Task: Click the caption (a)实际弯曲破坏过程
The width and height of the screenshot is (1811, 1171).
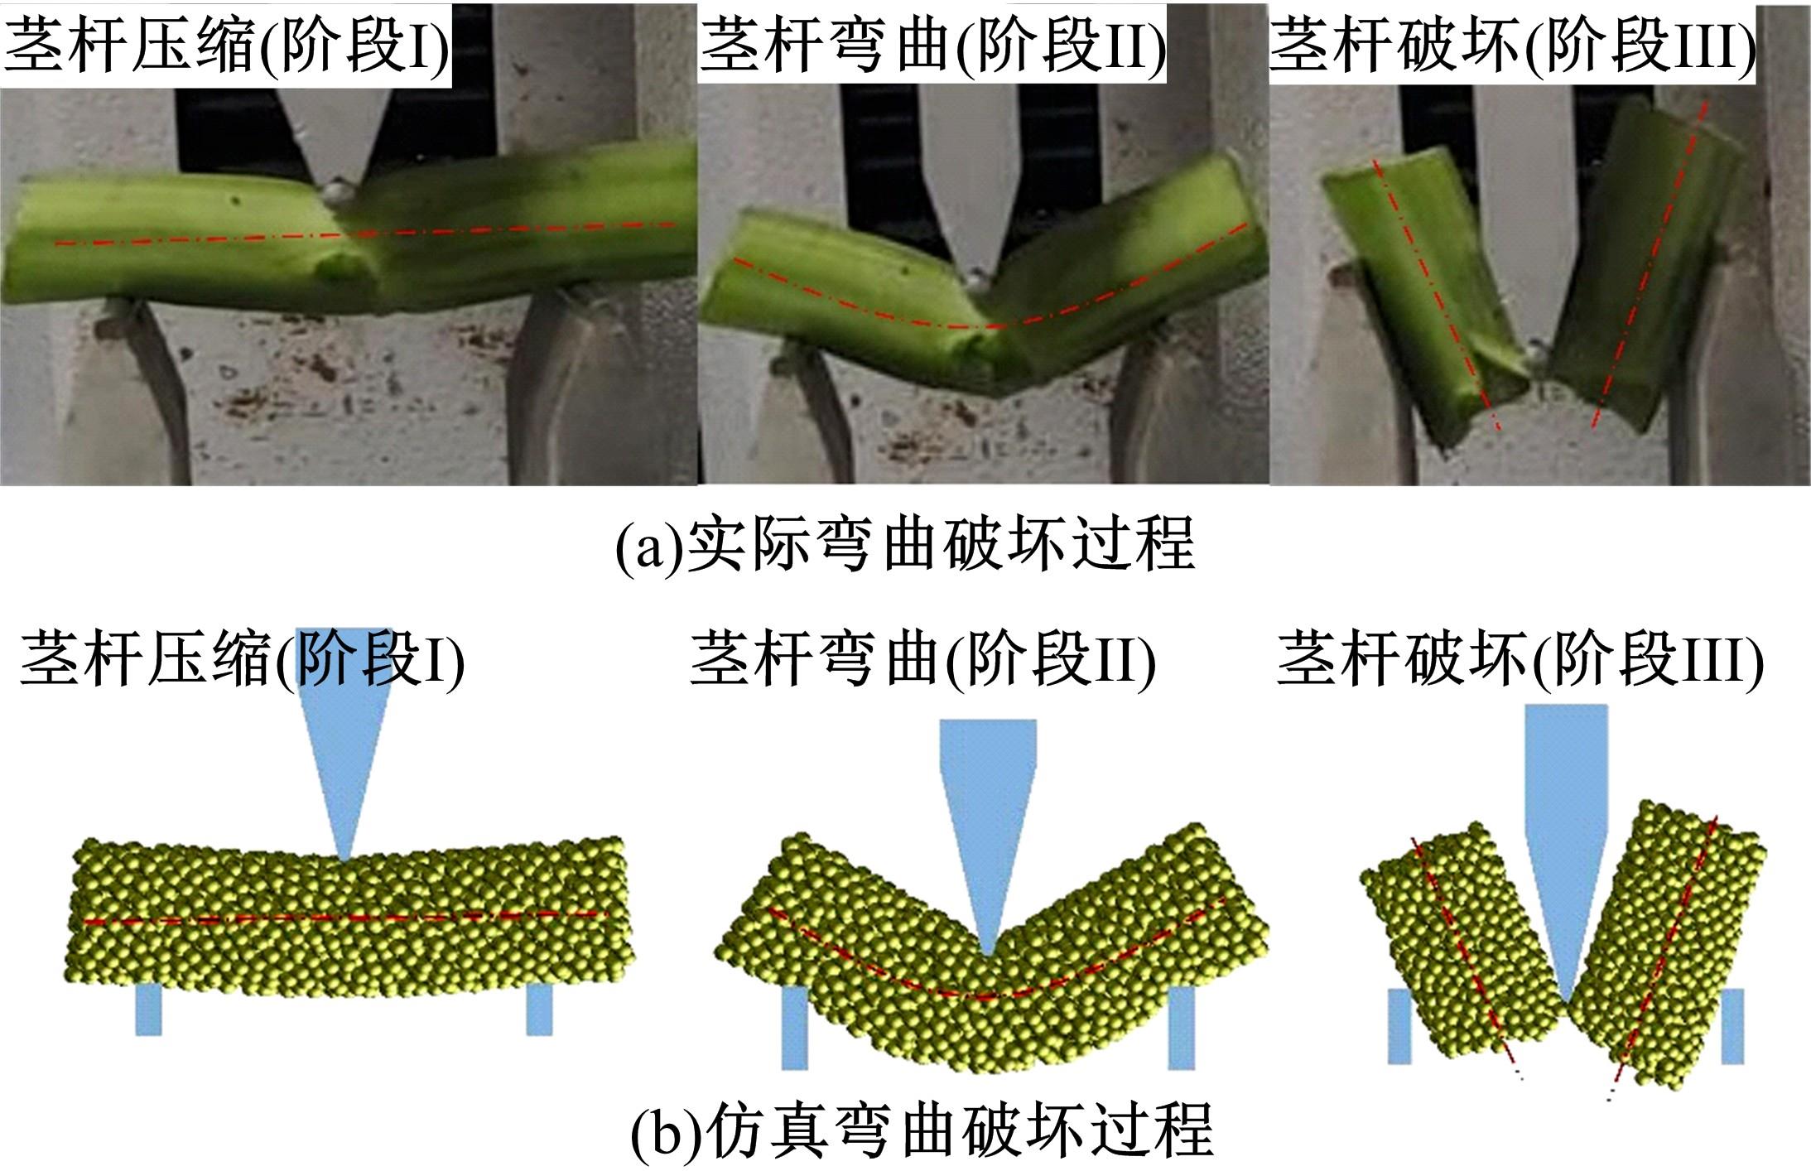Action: pos(905,544)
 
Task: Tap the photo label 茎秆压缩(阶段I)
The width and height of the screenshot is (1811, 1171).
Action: pos(226,44)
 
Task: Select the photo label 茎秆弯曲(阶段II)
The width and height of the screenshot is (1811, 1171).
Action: pos(932,44)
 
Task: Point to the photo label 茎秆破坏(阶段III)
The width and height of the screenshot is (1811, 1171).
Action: pos(1511,44)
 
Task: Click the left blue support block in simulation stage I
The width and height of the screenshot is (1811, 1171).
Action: pos(148,1010)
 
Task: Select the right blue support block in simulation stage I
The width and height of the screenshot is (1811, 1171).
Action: pos(539,1010)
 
